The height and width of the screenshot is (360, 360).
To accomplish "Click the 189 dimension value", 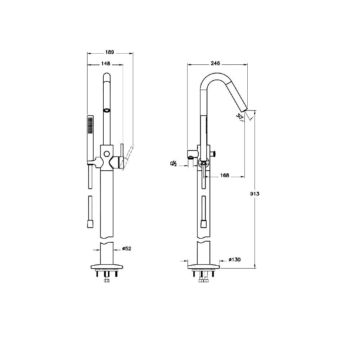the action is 109,52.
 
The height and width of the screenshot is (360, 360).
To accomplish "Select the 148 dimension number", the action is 105,63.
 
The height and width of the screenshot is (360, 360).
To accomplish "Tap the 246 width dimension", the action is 215,63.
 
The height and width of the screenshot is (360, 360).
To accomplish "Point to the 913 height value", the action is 255,194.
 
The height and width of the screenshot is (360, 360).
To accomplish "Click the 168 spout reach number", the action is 225,175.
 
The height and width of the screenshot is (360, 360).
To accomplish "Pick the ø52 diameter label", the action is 127,248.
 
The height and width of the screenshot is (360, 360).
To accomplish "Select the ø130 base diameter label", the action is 235,260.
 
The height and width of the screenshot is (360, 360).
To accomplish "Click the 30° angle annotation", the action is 239,116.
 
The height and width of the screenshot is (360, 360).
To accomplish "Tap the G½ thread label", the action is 174,163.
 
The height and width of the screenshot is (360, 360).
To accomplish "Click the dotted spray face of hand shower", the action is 90,125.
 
